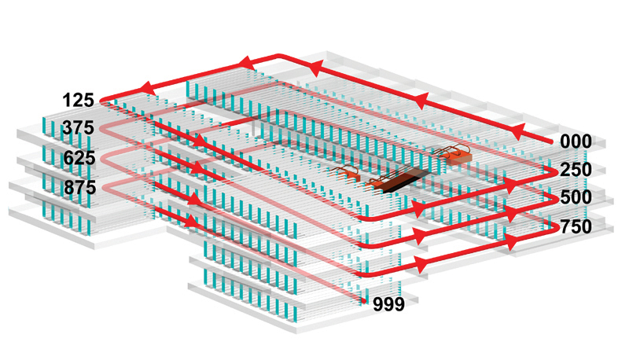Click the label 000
pos(576,141)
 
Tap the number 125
pos(78,100)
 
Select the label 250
pos(576,170)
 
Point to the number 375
pos(78,128)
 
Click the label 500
pos(576,197)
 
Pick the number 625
pos(79,158)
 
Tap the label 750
pos(576,227)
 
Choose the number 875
pos(80,187)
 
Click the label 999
pos(388,305)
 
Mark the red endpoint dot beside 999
pos(363,300)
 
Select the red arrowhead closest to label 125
pos(147,88)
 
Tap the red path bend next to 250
pos(554,172)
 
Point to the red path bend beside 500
pos(554,199)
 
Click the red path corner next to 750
pos(555,227)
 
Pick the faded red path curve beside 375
pos(104,129)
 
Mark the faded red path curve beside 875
pos(105,187)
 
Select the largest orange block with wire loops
pos(458,156)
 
